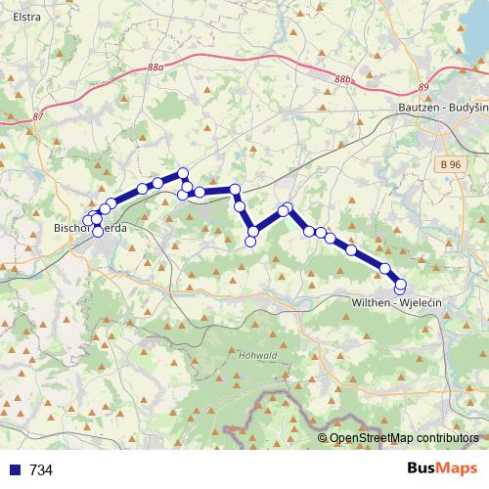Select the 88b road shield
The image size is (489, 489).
coord(341,79)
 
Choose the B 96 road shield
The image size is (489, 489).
coord(450,167)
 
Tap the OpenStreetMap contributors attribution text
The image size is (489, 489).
coord(405,438)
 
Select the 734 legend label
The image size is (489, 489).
coord(41,469)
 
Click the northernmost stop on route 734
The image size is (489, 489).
coord(182,173)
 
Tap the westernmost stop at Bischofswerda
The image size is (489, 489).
coord(88,221)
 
